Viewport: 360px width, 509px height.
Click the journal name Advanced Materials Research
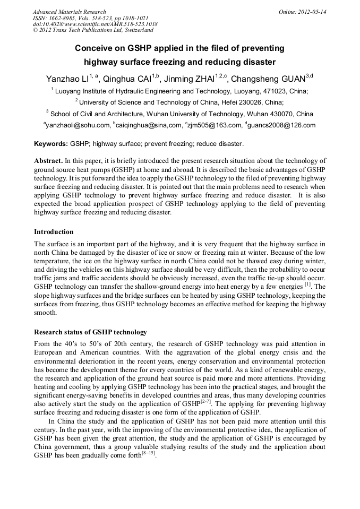(69, 12)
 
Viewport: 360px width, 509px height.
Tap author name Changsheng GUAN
(269, 79)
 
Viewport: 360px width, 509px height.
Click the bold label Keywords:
(51, 144)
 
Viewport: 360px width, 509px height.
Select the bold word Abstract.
(48, 160)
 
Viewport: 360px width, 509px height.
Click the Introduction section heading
(54, 232)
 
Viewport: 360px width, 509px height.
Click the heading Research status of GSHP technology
(90, 332)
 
